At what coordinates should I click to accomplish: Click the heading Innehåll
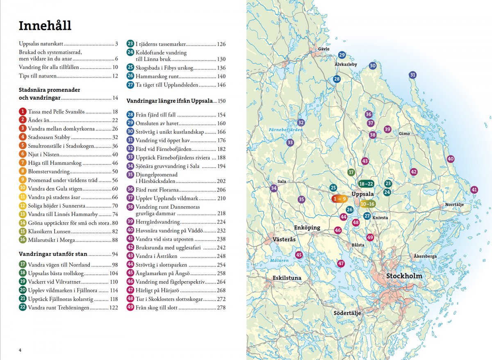click(45, 25)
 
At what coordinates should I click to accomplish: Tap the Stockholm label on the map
click(404, 276)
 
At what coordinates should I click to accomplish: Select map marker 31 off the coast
click(412, 75)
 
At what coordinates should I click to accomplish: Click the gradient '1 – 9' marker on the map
click(339, 199)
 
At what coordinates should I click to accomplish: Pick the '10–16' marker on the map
click(367, 204)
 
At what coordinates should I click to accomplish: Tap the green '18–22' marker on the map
click(366, 184)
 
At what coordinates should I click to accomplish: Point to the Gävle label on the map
click(323, 49)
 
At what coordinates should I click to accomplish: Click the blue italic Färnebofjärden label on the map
click(286, 130)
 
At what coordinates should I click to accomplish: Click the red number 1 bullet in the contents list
click(23, 112)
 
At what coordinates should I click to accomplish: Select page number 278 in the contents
click(221, 308)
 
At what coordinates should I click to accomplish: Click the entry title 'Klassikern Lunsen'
click(45, 231)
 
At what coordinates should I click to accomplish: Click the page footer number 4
click(20, 350)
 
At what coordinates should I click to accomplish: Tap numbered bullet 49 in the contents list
click(130, 308)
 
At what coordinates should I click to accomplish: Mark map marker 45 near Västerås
click(299, 255)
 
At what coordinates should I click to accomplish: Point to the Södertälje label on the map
click(346, 313)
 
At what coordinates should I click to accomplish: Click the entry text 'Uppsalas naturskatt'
click(41, 44)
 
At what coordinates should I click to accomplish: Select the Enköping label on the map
click(306, 228)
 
